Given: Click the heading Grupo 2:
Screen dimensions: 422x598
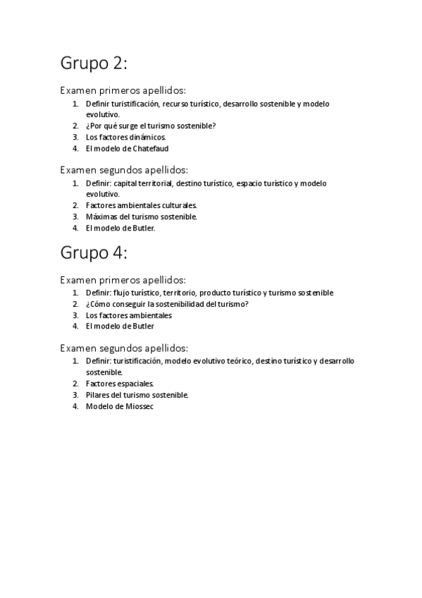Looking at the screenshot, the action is click(x=94, y=64).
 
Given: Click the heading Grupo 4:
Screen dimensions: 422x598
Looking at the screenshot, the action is click(x=94, y=252).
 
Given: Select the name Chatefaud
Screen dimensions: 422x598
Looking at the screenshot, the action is click(x=149, y=149).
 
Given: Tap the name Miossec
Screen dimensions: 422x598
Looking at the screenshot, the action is click(x=139, y=406).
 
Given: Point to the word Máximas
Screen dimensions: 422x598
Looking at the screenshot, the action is click(x=100, y=216).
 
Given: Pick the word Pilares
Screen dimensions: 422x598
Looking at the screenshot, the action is click(x=98, y=395).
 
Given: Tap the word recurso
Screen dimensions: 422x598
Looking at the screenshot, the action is click(x=176, y=104).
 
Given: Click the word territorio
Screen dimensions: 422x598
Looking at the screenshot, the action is click(x=179, y=293).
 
